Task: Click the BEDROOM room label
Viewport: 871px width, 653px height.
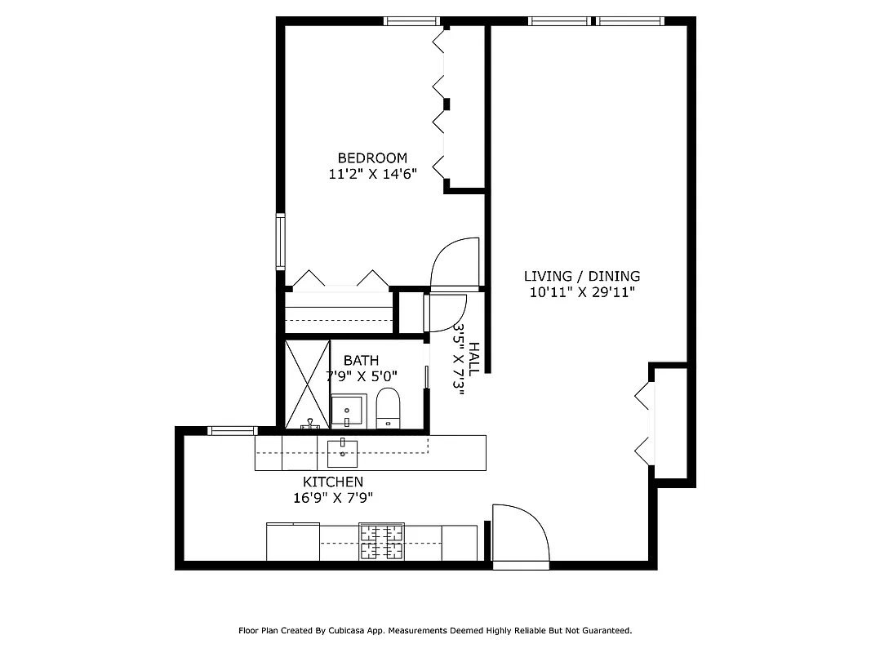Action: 372,158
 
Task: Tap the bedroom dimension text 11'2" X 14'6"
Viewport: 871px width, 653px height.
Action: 372,173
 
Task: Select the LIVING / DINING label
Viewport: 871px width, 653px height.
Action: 581,277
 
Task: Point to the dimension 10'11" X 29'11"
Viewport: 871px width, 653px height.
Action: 581,292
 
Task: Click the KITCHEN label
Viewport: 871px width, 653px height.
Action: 333,482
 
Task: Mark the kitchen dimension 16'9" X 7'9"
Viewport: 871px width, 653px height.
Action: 333,498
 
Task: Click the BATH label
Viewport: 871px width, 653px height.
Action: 361,360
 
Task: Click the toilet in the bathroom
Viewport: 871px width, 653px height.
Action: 388,408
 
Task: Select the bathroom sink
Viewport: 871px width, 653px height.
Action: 349,410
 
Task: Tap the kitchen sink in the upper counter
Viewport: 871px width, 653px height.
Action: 343,450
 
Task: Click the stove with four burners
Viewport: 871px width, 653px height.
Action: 381,541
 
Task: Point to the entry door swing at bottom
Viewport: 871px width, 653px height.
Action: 520,535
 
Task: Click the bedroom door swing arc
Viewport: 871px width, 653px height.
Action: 454,263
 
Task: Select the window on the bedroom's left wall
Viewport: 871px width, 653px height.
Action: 280,242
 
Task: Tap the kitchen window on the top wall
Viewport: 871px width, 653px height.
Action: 233,430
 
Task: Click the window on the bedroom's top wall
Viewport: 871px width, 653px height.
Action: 412,21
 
